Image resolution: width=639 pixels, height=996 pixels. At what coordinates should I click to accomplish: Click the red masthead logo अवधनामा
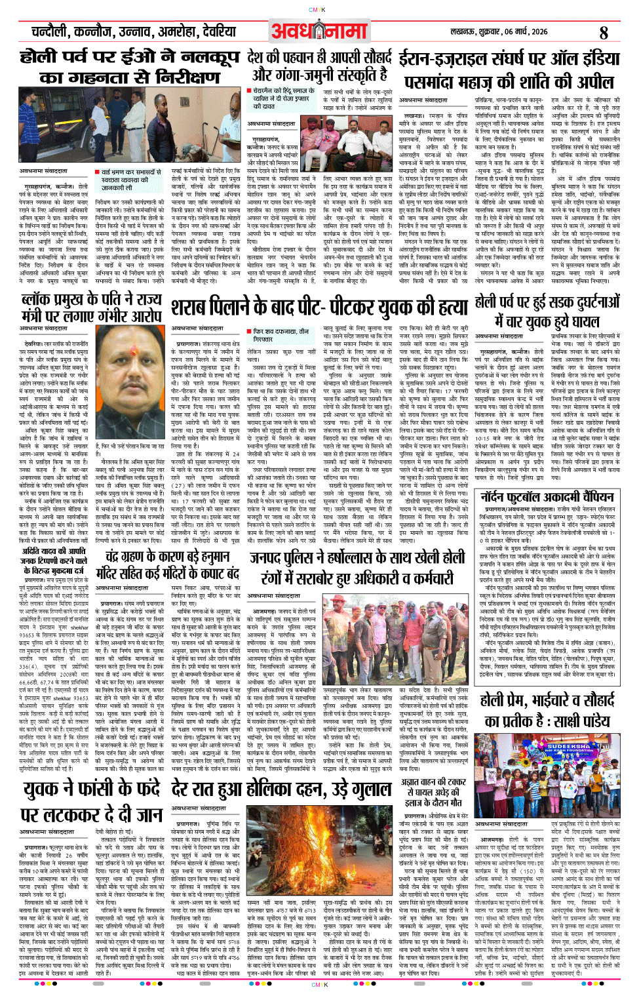[x=319, y=31]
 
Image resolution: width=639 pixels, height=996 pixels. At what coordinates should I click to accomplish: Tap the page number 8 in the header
[x=603, y=32]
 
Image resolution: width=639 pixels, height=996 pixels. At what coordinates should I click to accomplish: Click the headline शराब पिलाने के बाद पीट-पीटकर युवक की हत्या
[x=319, y=307]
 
